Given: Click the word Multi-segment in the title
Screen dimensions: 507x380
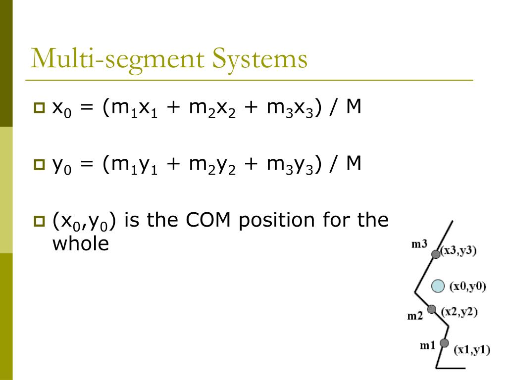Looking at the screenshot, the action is (x=117, y=59).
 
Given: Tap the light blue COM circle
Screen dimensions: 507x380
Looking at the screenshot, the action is (x=438, y=286).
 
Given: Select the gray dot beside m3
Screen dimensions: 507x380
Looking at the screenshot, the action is (x=436, y=254).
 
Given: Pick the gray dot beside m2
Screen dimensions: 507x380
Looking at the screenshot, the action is (x=432, y=309).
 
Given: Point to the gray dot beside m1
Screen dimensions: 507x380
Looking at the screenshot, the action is (x=444, y=343).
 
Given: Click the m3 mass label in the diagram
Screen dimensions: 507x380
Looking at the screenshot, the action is (x=419, y=244).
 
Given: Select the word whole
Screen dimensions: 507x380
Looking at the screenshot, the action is (x=80, y=244).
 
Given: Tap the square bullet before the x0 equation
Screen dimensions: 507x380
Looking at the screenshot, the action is (x=39, y=108).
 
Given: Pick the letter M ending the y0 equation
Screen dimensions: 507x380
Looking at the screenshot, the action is (x=354, y=163).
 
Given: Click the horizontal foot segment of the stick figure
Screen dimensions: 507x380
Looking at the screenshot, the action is (x=451, y=368).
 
